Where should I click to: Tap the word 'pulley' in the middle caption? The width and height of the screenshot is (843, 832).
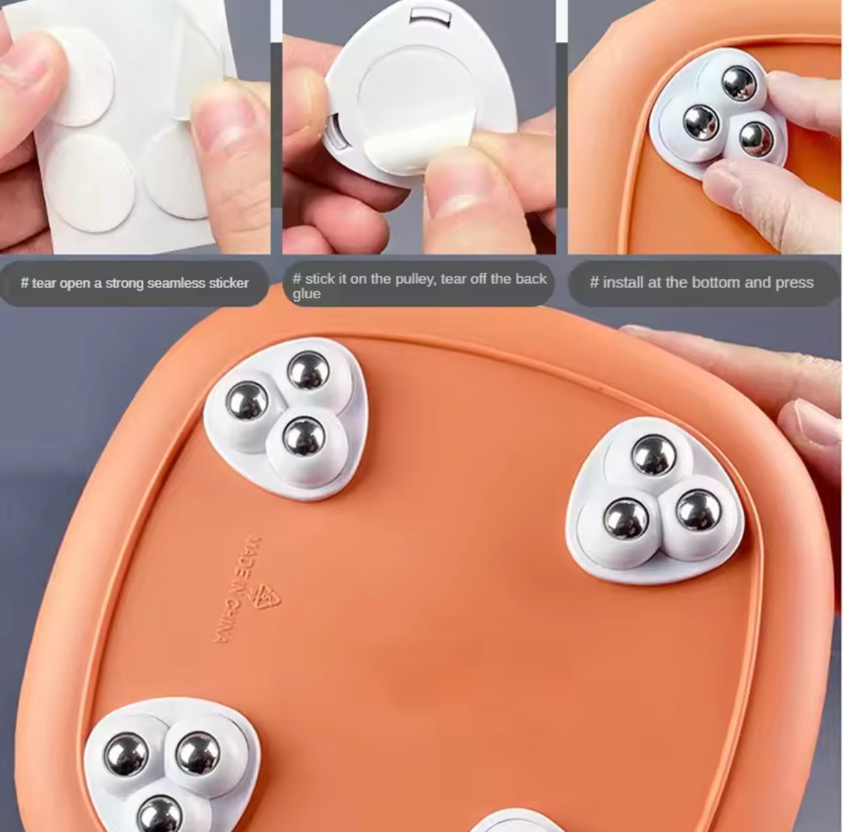[x=415, y=279]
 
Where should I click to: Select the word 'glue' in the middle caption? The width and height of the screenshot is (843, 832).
[x=306, y=294]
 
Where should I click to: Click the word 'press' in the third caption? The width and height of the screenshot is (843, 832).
[x=795, y=283]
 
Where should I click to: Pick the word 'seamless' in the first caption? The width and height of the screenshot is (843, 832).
[x=176, y=283]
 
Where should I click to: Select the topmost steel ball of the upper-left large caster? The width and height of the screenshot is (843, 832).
[x=309, y=370]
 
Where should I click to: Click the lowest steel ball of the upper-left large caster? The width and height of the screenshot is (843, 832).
[x=304, y=438]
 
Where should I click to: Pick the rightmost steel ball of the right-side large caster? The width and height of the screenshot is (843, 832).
[x=698, y=510]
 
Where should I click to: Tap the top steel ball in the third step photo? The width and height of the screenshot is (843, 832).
[x=739, y=84]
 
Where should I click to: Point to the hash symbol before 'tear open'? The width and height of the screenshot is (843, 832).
[x=25, y=283]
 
